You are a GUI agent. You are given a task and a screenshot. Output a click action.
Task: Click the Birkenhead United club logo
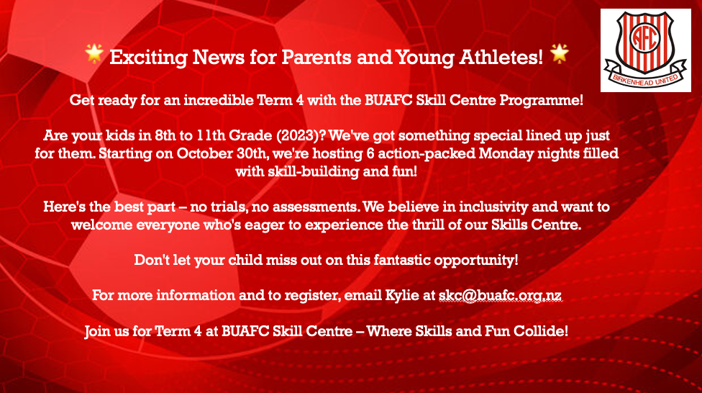(646, 50)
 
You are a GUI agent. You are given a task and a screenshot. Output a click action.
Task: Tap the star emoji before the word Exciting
(94, 54)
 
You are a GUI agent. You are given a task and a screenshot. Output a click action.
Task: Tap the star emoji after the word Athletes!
(559, 54)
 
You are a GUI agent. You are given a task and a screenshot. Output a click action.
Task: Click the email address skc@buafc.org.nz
(500, 296)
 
